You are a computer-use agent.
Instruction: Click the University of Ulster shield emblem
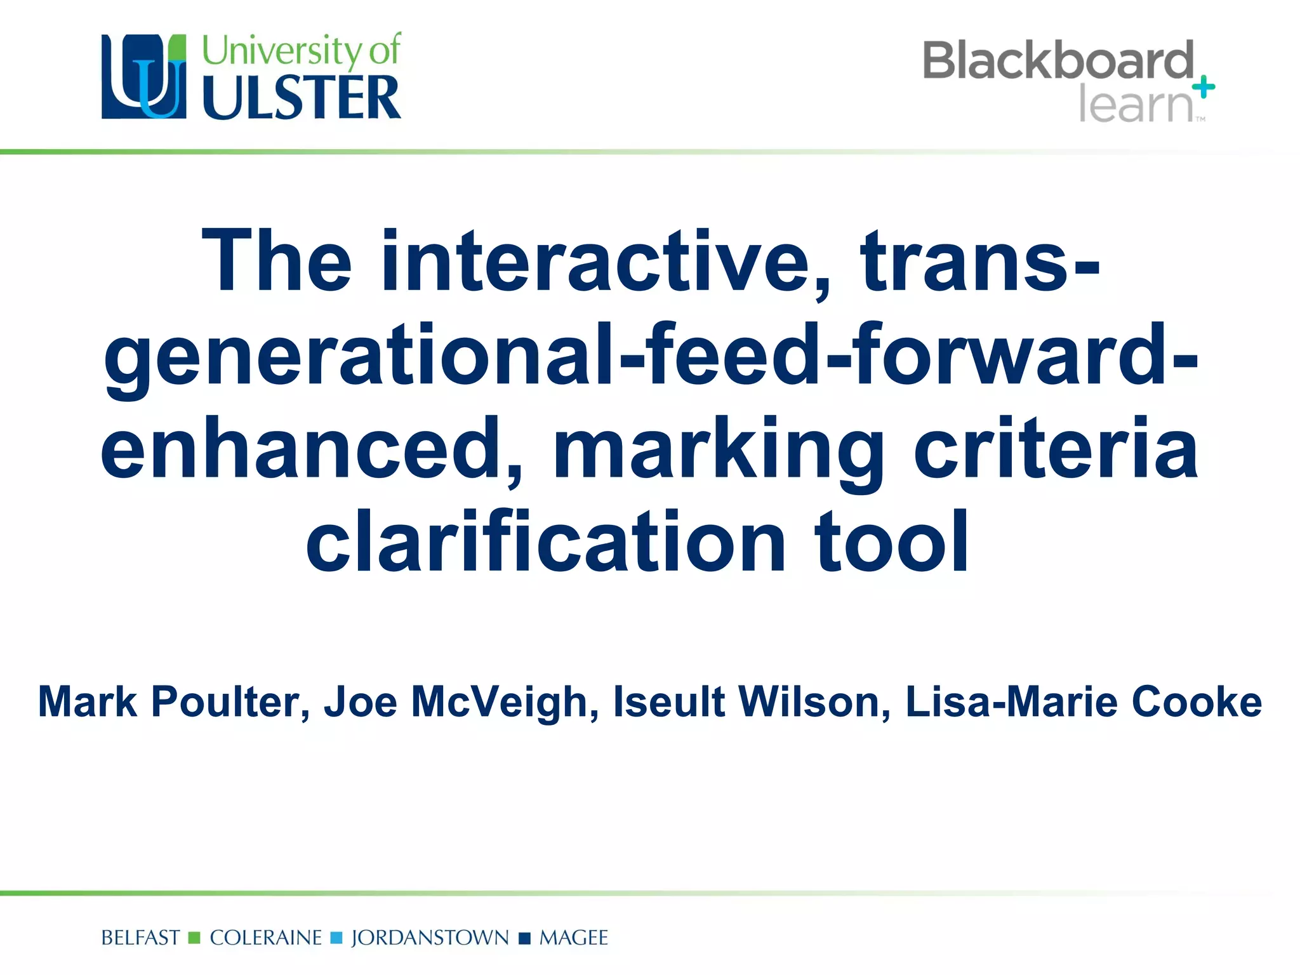[x=144, y=77]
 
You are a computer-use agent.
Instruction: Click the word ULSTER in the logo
[x=302, y=98]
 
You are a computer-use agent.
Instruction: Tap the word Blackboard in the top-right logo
[x=1058, y=61]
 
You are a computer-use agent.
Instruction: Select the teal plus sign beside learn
[x=1204, y=87]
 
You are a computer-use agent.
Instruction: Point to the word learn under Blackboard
[x=1136, y=105]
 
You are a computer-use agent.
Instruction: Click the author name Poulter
[x=230, y=702]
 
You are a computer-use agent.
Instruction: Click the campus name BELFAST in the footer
[x=140, y=938]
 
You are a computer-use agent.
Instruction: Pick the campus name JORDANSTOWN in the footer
[x=430, y=938]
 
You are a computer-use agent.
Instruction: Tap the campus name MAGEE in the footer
[x=573, y=938]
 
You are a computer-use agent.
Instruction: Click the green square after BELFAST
[x=195, y=938]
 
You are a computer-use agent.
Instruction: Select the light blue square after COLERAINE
[x=336, y=938]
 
